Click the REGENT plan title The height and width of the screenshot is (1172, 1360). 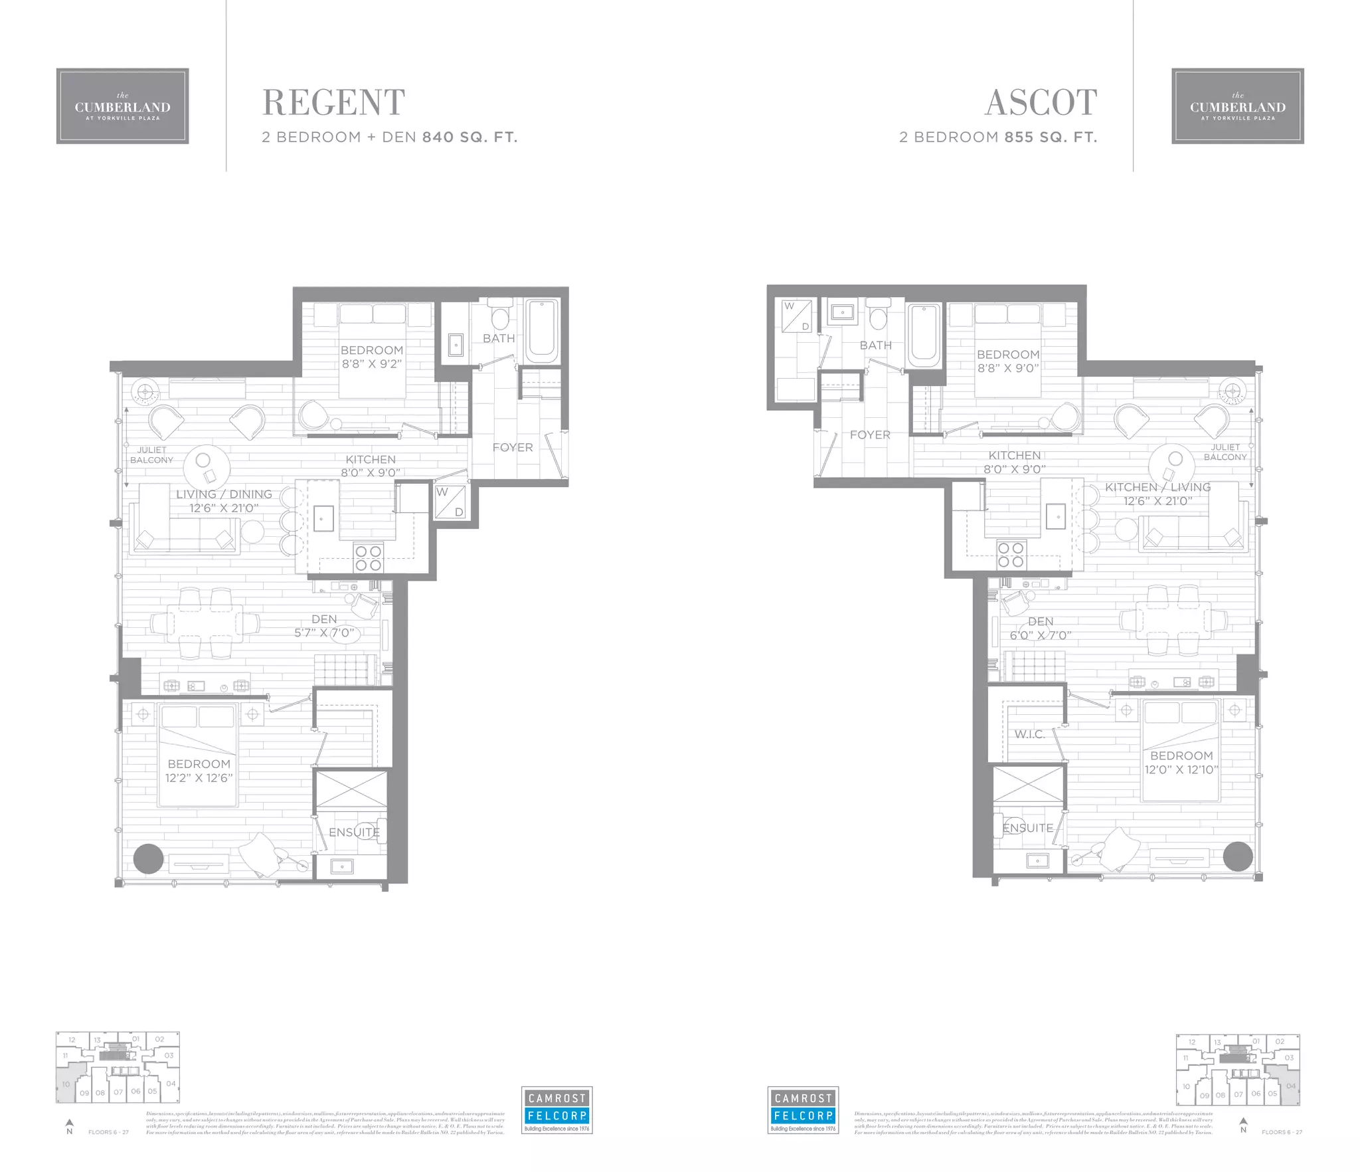(333, 102)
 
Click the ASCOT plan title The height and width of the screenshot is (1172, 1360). (1041, 102)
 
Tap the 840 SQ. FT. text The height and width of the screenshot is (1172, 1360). (469, 138)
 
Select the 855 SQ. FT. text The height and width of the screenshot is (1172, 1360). (1051, 138)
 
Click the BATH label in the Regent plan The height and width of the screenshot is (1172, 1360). (499, 338)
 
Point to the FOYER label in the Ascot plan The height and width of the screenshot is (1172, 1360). (870, 435)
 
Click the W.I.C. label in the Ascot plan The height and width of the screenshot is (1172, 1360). (1029, 734)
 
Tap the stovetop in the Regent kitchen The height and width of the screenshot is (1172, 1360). (368, 558)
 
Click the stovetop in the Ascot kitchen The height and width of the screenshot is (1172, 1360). (1011, 555)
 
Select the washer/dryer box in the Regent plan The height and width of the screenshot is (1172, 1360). (450, 502)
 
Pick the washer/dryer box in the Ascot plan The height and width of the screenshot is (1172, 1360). (797, 316)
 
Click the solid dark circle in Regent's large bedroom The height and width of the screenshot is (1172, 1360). (148, 859)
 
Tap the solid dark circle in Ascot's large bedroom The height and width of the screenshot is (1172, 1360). (1238, 856)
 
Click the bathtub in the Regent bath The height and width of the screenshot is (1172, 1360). (543, 330)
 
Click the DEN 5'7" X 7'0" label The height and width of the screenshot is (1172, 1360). (324, 626)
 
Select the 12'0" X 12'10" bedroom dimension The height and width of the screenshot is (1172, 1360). (1181, 769)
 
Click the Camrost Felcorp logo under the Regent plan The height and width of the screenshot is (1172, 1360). (556, 1110)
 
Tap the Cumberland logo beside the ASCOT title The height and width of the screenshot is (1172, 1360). (1237, 106)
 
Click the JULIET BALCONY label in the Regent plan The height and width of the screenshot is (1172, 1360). (151, 454)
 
